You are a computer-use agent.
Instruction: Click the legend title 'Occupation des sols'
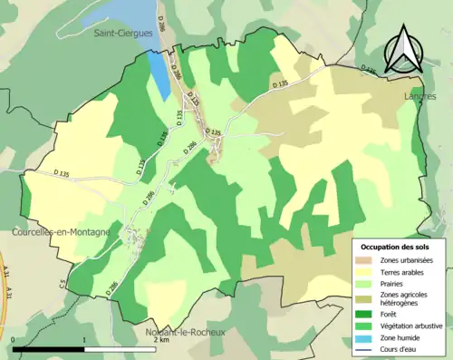396,247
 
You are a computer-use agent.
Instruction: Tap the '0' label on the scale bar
15,342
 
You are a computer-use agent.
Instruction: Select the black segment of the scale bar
50,347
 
